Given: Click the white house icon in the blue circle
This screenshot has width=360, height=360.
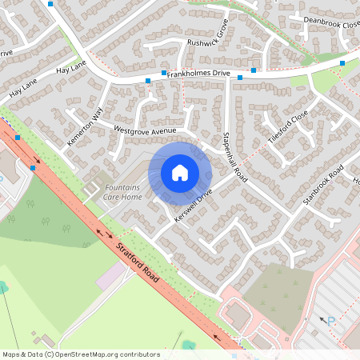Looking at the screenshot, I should [x=179, y=173].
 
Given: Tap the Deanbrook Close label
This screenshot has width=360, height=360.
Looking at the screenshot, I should [x=325, y=24].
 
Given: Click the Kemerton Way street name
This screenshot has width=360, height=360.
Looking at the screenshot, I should [x=86, y=126].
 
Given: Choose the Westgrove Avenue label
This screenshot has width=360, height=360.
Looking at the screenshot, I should [x=145, y=129].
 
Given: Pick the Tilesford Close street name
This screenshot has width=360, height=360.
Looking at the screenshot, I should [x=288, y=126].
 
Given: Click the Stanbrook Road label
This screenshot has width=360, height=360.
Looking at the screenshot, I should [x=322, y=187].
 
